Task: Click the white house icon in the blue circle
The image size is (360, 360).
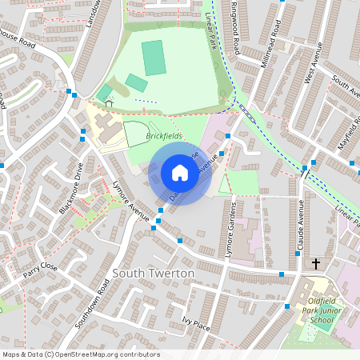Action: pos(179,173)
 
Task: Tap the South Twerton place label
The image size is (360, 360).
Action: pos(154,274)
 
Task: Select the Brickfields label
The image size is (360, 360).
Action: pos(164,137)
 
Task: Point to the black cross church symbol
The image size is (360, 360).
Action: pos(316,263)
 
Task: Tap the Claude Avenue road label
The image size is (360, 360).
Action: pos(301,226)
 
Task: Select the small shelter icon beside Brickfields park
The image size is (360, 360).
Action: pos(109,102)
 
